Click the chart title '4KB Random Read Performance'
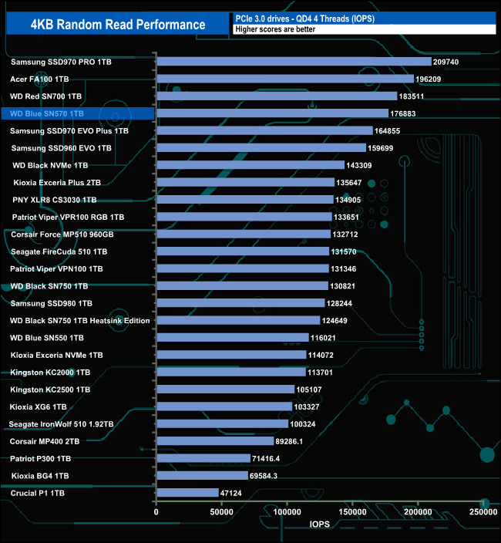point(118,25)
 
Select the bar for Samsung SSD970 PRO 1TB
point(294,61)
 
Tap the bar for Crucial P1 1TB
point(187,492)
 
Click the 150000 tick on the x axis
point(353,511)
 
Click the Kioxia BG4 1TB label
point(40,475)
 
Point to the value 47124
point(236,492)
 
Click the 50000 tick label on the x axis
point(222,511)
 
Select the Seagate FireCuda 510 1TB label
point(59,251)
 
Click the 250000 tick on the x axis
point(483,511)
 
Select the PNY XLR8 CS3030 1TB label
point(55,200)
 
